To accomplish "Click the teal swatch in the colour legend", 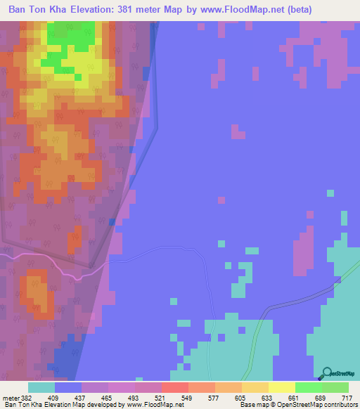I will (41, 387).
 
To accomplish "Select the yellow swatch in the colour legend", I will (281, 387).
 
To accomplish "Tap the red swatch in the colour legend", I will (174, 387).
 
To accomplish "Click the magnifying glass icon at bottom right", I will (326, 372).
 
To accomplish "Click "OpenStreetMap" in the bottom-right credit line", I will (308, 405).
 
